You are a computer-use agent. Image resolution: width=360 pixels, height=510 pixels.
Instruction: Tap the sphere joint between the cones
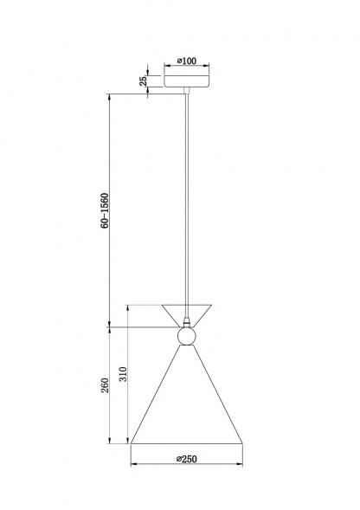click(187, 336)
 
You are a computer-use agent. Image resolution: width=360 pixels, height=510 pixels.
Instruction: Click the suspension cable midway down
click(187, 199)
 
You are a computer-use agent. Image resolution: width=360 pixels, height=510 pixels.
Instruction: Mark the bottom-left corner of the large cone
click(132, 444)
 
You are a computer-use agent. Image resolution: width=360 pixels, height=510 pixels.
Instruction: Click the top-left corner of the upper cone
click(162, 304)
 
